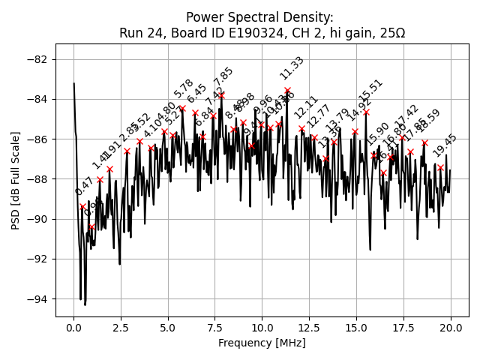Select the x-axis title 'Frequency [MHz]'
262,343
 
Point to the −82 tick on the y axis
40,59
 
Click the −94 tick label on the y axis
40,299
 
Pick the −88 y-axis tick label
40,179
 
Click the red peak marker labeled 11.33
287,90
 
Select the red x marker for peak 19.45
440,167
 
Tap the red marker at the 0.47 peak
82,206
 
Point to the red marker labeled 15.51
366,112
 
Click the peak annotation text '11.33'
292,68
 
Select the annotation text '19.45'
445,145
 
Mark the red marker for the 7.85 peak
221,95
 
